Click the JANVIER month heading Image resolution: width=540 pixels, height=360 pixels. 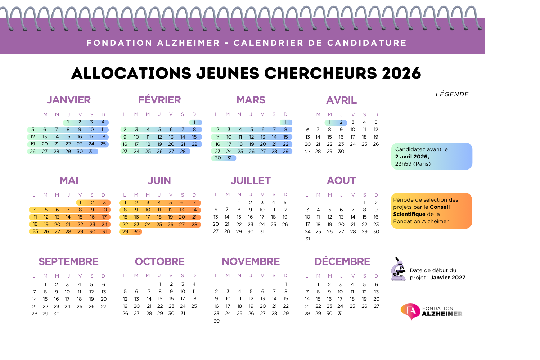click(69, 100)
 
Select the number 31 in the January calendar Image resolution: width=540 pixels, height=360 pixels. click(91, 152)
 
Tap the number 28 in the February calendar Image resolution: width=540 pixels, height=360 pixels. click(183, 152)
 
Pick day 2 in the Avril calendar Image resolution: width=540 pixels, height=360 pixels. click(341, 122)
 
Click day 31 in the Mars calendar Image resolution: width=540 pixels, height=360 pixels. click(229, 158)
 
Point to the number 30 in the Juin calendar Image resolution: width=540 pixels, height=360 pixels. click(136, 232)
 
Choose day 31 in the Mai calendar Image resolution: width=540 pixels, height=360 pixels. click(104, 232)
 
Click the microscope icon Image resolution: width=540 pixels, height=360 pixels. click(398, 270)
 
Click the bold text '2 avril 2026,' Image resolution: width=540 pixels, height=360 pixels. click(412, 157)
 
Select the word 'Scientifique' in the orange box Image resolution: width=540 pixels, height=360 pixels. click(409, 214)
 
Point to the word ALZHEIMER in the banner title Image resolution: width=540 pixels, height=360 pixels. click(189, 43)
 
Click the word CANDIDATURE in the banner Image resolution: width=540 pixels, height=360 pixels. click(367, 43)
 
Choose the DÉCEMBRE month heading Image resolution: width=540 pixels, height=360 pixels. click(342, 262)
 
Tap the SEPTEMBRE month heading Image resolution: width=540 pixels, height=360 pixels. click(69, 262)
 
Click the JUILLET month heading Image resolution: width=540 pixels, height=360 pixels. click(251, 181)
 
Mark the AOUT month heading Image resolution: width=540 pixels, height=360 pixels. click(341, 181)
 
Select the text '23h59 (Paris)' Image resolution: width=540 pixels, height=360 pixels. click(413, 164)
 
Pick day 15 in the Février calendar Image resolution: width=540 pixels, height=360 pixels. click(194, 137)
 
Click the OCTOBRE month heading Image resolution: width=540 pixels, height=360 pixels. click(160, 262)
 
